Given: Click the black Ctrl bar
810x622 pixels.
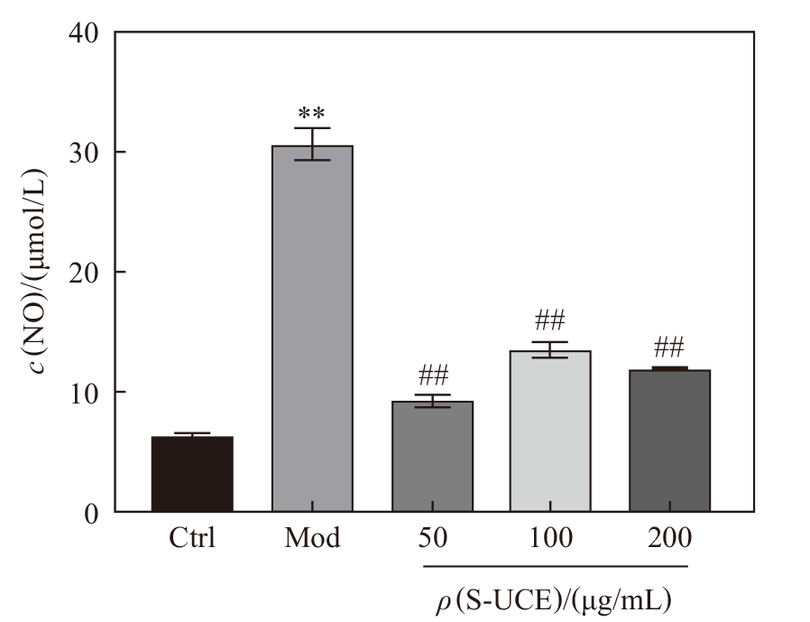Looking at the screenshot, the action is point(192,474).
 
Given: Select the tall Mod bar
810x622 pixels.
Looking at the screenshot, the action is point(312,329).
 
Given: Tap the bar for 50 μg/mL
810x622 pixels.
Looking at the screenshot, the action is point(432,457).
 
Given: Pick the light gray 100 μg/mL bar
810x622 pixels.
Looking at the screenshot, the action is point(550,432).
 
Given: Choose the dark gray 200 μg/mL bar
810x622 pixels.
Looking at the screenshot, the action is point(669,441).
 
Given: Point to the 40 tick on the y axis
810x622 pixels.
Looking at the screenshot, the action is point(84,33).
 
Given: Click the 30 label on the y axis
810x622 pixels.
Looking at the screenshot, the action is point(84,153).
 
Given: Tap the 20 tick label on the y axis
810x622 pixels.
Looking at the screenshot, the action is point(84,273).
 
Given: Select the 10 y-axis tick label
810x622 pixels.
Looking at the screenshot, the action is point(84,393).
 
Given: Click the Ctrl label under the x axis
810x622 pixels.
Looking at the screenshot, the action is point(192,538).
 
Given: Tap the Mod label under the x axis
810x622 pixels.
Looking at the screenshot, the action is point(312,538).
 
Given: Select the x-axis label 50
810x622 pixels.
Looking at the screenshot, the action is point(432,538).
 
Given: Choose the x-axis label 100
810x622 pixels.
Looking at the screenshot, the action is point(551,538).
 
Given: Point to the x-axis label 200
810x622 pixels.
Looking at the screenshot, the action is point(669,538).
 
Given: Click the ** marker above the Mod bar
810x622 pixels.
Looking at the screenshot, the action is point(311,113).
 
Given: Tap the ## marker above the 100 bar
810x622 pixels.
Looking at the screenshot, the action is point(550,320).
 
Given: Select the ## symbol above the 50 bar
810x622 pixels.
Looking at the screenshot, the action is point(433,376).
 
